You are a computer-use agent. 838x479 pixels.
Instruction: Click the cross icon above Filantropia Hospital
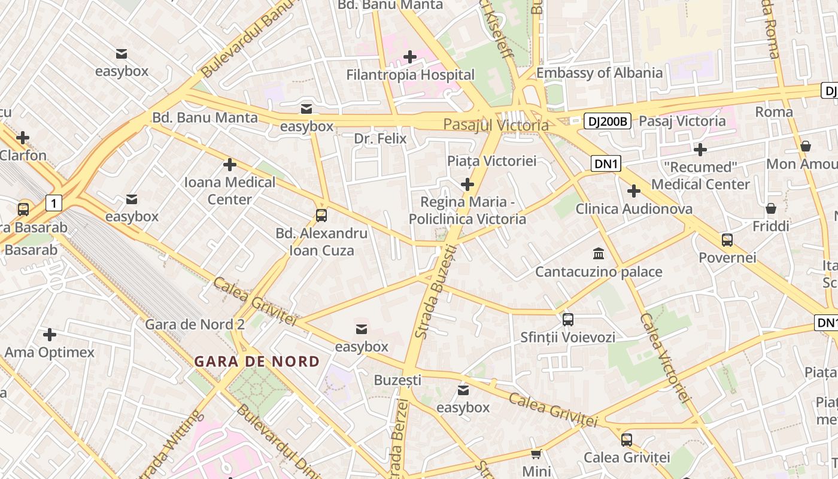tap(410, 57)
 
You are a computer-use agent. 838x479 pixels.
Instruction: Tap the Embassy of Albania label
tap(599, 73)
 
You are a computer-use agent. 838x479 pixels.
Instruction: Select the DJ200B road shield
tap(608, 122)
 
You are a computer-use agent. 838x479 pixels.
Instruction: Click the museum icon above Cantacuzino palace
tap(599, 253)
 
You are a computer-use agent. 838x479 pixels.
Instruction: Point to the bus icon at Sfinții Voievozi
tap(567, 319)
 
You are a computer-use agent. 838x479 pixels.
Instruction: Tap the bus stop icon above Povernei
tap(727, 240)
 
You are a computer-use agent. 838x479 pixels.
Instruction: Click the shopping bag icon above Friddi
tap(771, 208)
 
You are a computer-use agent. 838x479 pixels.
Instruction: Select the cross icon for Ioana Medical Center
tap(230, 165)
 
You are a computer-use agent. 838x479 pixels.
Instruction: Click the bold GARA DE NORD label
tap(257, 362)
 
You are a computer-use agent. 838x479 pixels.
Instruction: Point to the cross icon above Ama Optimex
tap(50, 334)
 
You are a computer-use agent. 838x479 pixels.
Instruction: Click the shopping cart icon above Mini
tap(536, 454)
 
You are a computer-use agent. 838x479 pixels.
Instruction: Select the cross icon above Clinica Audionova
tap(634, 191)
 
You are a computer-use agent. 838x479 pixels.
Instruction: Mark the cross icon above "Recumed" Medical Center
tap(700, 149)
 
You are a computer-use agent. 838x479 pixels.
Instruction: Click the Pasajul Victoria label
tap(496, 125)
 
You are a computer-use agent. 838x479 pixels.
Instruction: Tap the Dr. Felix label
tap(380, 139)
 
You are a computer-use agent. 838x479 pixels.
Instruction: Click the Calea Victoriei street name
tap(665, 356)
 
